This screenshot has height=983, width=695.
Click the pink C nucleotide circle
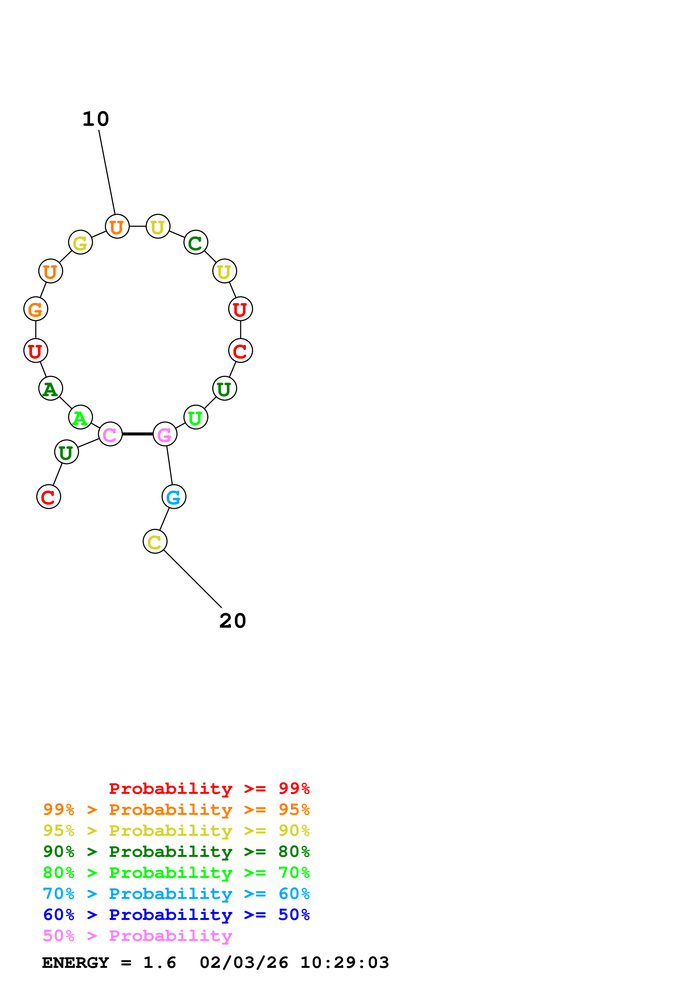point(110,434)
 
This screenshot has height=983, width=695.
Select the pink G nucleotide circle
point(165,434)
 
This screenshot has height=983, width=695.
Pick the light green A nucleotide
point(80,417)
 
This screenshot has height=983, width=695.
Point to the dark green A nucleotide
point(50,388)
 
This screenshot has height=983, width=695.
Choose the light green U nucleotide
point(196,417)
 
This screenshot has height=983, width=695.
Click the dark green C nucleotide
point(196,242)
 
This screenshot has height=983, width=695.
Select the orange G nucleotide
point(36,309)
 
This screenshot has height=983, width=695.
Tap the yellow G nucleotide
point(80,242)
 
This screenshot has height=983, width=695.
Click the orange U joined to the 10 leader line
point(117,226)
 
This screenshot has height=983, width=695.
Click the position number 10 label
point(96,119)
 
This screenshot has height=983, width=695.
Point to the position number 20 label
point(232,621)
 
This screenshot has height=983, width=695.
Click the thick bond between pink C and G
point(137,434)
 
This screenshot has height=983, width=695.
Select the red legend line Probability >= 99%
point(209,789)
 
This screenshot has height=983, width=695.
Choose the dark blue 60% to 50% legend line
point(176,915)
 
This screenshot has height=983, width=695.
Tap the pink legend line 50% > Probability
point(137,936)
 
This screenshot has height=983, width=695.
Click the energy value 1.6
point(159,963)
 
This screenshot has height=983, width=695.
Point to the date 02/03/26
point(244,963)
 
